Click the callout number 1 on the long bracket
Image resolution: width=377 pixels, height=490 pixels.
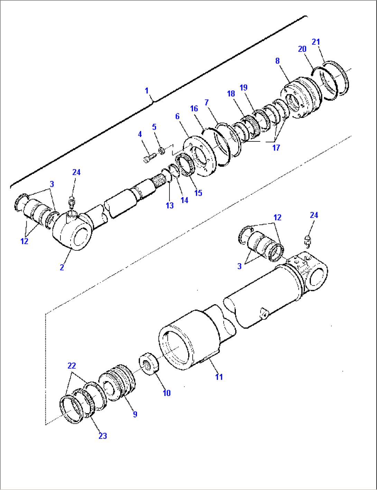[147, 91]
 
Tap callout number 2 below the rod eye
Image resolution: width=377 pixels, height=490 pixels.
[62, 267]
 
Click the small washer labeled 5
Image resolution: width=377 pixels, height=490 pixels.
[161, 151]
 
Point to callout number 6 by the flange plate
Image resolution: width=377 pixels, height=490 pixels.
[177, 116]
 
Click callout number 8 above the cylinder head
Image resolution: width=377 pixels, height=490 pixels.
[277, 61]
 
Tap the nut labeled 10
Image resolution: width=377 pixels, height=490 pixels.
[149, 363]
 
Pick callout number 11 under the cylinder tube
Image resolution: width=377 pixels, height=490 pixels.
[219, 377]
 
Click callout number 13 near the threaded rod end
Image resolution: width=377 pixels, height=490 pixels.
[169, 205]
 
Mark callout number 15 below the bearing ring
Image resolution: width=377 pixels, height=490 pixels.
[198, 193]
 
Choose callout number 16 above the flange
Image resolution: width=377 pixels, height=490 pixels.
[194, 109]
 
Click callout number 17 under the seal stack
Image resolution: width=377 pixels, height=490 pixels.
[276, 148]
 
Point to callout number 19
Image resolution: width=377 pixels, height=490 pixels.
[243, 87]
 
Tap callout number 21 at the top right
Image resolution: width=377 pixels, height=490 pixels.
[316, 42]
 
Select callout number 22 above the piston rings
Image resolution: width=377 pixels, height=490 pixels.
[72, 366]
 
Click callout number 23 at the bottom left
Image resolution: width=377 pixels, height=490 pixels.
[103, 436]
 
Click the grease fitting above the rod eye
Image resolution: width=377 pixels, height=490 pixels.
[72, 201]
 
